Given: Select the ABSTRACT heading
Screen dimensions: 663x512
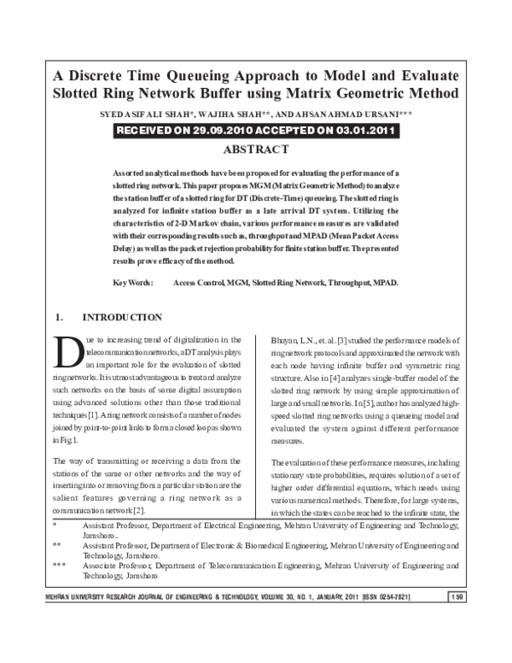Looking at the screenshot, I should pos(255,150).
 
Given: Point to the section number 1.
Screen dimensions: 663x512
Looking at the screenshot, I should pos(58,317).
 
